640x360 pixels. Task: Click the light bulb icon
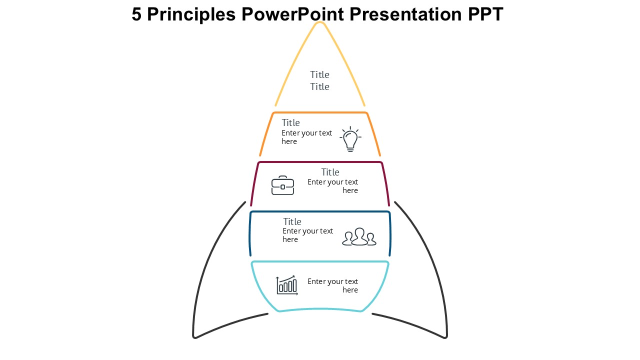[x=350, y=139]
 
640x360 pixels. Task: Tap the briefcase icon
[x=282, y=185]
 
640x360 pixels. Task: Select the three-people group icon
[x=359, y=236]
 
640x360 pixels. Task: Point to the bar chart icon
[x=287, y=285]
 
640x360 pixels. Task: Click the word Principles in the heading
[x=191, y=14]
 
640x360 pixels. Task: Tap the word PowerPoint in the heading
[x=292, y=14]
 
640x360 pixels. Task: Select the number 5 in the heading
[x=136, y=14]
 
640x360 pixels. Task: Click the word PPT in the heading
[x=485, y=14]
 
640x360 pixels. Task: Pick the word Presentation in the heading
[x=405, y=14]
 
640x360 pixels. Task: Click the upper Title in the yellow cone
[x=319, y=75]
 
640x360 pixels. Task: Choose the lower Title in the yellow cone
[x=319, y=87]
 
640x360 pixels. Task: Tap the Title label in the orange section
[x=290, y=123]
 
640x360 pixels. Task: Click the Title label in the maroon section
[x=330, y=172]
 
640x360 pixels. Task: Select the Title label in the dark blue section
[x=292, y=221]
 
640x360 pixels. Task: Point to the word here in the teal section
[x=350, y=290]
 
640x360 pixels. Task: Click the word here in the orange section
[x=289, y=141]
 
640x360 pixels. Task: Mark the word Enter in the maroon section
[x=315, y=182]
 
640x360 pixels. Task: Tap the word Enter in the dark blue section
[x=290, y=231]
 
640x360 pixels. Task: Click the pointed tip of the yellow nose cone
[x=320, y=22]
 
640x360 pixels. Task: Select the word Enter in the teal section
[x=315, y=281]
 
